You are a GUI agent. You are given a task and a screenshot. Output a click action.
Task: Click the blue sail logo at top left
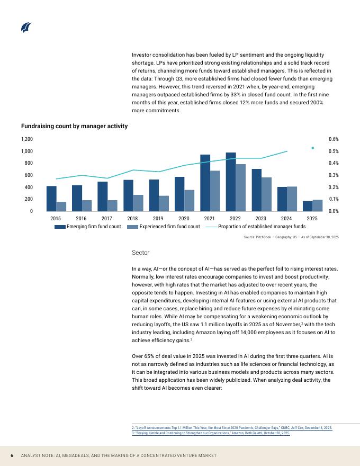(x=26, y=28)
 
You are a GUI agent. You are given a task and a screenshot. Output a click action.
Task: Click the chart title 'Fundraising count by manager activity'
(x=74, y=126)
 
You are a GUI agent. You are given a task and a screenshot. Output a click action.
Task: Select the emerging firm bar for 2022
(x=231, y=182)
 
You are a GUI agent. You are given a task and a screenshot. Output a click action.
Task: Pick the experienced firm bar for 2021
(x=215, y=191)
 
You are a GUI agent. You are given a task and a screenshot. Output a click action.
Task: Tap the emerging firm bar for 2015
(x=51, y=199)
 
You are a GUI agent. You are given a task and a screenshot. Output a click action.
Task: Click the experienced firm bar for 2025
(x=318, y=205)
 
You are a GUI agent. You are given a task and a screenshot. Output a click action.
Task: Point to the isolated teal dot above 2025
(x=312, y=148)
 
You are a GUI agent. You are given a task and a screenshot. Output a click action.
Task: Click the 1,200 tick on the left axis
(x=26, y=139)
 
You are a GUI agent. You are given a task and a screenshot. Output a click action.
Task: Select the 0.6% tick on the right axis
(x=334, y=139)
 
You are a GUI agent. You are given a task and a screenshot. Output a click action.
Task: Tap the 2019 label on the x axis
(x=158, y=218)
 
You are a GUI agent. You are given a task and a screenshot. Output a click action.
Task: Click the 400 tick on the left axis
(x=29, y=187)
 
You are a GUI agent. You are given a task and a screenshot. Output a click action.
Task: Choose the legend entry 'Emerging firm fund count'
(x=88, y=227)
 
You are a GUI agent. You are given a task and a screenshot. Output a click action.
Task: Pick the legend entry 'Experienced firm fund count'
(x=164, y=227)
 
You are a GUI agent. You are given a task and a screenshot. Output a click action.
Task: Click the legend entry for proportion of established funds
(x=256, y=227)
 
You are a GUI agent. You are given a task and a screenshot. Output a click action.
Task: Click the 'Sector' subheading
(x=140, y=253)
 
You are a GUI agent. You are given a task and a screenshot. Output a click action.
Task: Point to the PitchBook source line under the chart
(x=291, y=237)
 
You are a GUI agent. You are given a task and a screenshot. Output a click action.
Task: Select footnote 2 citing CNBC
(x=232, y=428)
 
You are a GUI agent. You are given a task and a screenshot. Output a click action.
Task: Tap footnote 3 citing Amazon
(x=211, y=433)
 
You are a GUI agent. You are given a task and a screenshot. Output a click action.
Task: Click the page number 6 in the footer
(x=12, y=455)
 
